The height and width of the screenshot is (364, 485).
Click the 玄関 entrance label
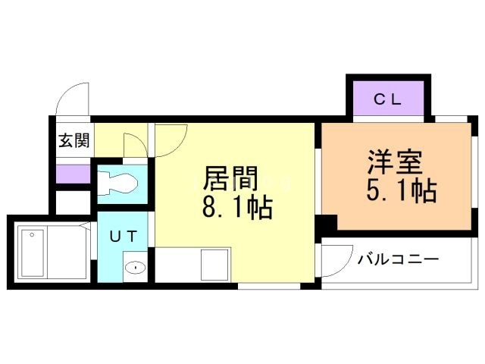[x=74, y=140]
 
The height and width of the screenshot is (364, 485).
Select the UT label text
[x=124, y=236]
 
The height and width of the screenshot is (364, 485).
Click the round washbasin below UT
[x=135, y=267]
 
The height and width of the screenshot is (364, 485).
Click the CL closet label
[x=386, y=98]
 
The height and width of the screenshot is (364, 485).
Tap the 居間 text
[x=230, y=180]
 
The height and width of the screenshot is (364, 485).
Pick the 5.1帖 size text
[x=401, y=191]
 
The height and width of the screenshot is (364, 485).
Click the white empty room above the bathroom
[x=73, y=202]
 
